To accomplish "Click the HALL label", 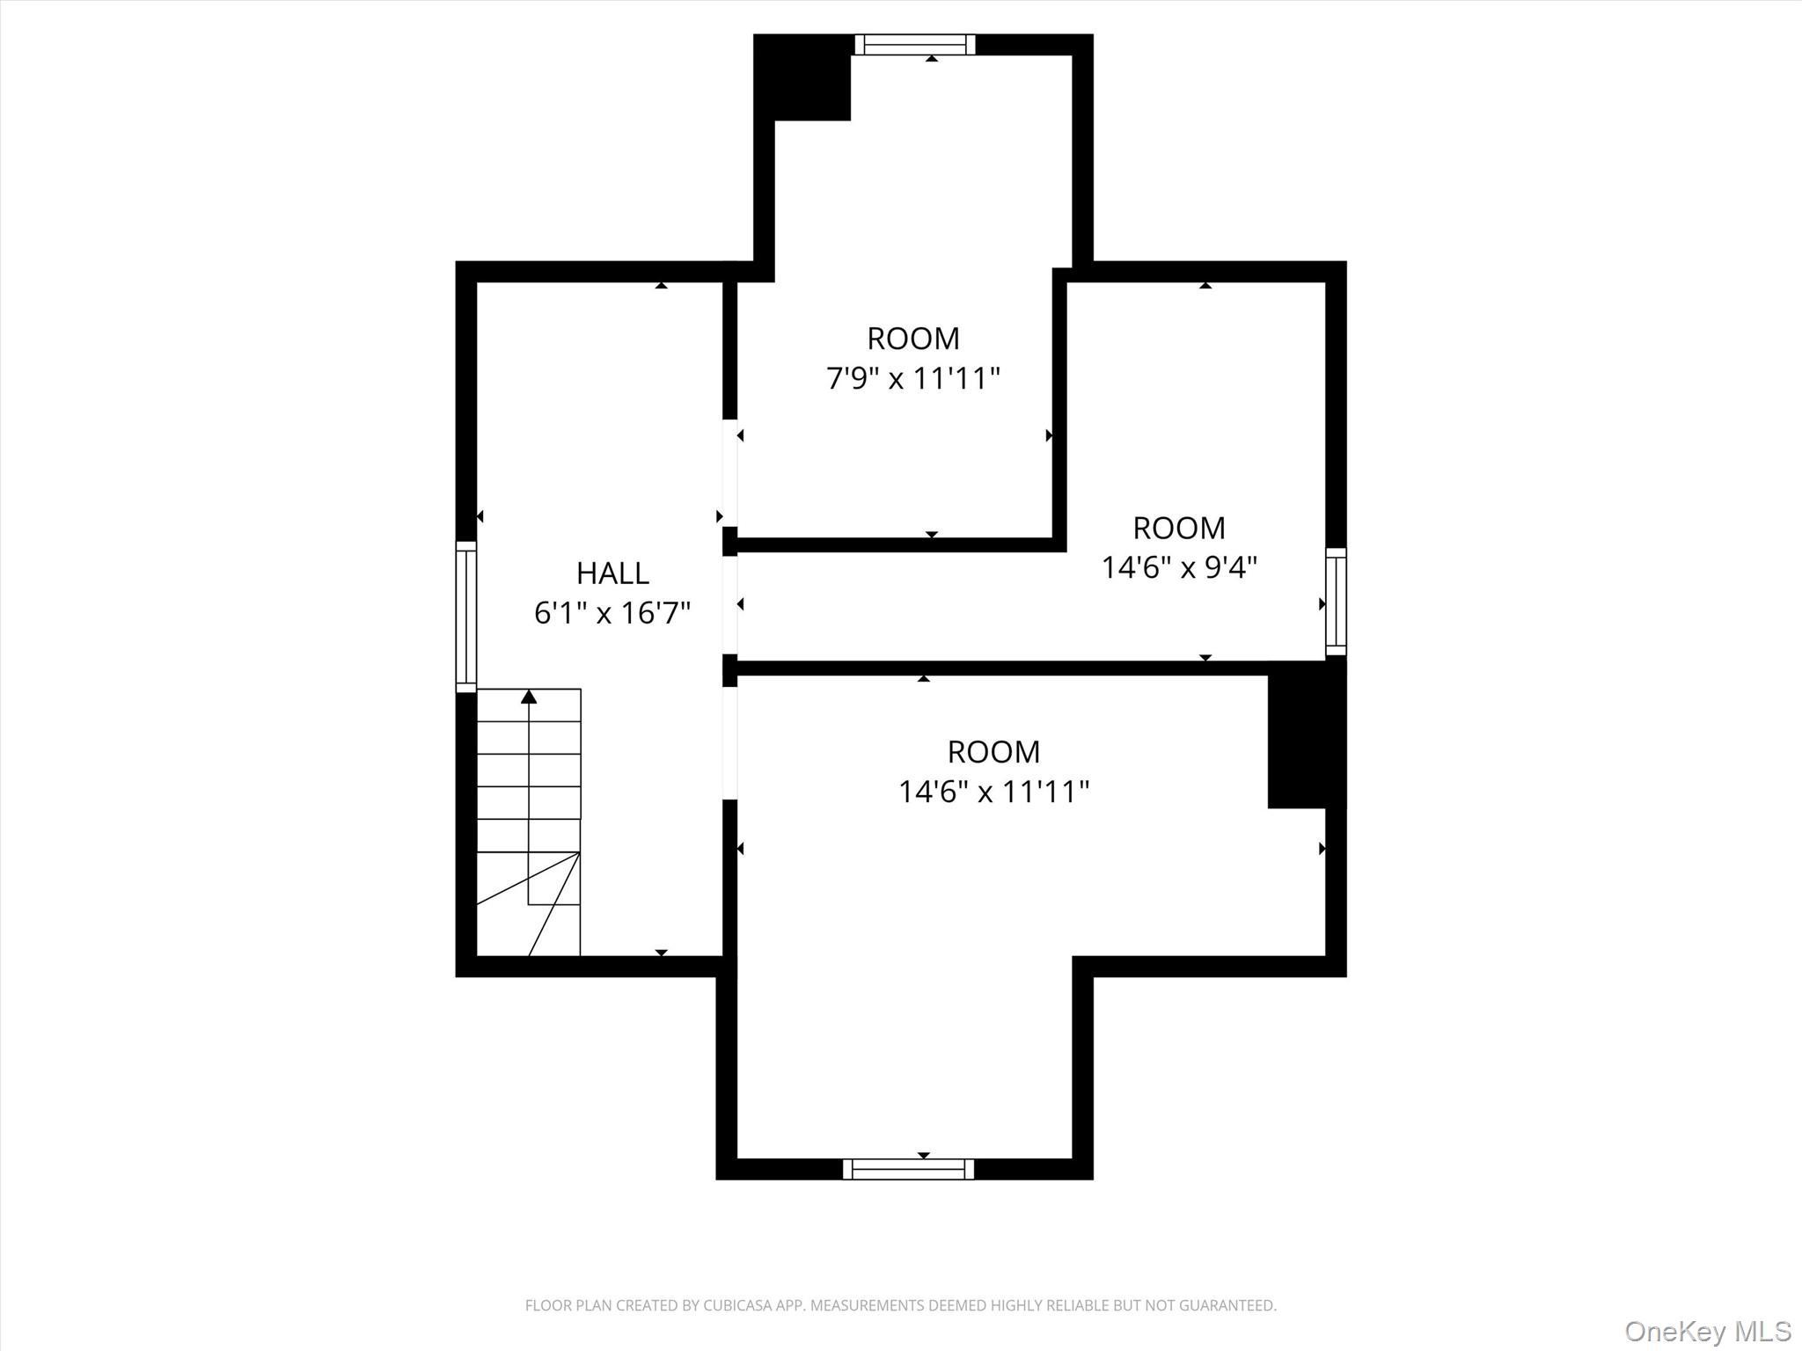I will point(612,573).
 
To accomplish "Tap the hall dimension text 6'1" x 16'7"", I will point(612,613).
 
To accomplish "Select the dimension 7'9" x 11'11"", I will point(913,379).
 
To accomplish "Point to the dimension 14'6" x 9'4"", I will point(1179,568).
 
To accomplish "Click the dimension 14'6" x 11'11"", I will point(993,792).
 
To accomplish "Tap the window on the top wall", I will point(915,45).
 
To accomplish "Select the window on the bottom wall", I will point(908,1169).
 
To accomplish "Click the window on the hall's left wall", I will point(465,617).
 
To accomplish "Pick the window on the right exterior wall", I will point(1336,601).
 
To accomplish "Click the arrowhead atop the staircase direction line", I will point(529,697).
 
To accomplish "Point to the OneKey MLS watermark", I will point(1707,1331).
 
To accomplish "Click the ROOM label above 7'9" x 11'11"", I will point(913,339).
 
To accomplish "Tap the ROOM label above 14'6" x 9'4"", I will point(1179,529).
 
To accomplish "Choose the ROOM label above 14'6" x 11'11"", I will point(993,752).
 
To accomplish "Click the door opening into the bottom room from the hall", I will point(729,743).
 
